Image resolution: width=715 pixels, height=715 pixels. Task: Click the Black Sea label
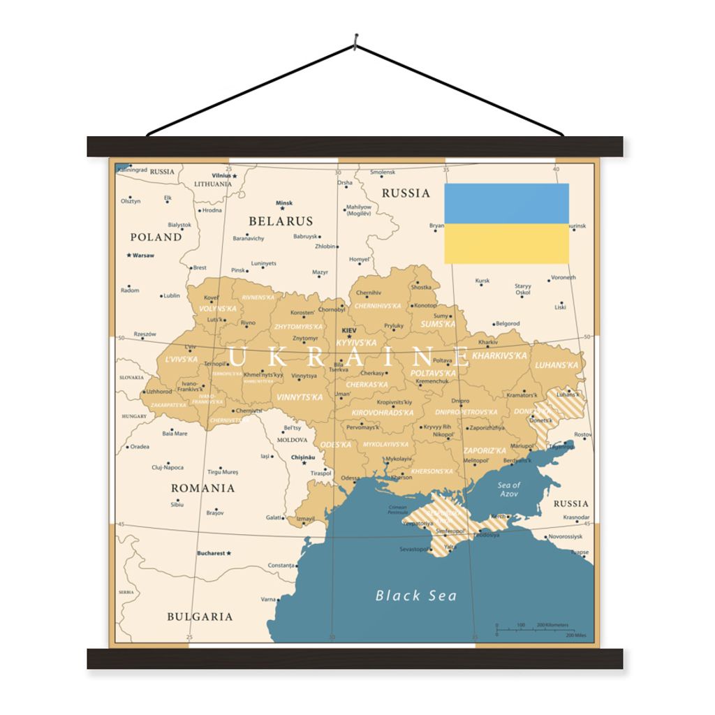click(x=416, y=596)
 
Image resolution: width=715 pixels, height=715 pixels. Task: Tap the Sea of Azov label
click(x=509, y=489)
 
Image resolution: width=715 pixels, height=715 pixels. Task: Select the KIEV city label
click(x=348, y=330)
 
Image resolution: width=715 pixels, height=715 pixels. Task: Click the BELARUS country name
click(x=281, y=221)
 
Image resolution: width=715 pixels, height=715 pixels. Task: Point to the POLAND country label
click(x=156, y=237)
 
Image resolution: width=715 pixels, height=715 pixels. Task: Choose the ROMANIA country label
click(x=203, y=488)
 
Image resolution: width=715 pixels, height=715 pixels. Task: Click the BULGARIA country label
click(x=200, y=617)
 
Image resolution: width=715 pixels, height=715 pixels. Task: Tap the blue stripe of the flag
click(x=506, y=203)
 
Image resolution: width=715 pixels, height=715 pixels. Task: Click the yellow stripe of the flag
click(x=506, y=244)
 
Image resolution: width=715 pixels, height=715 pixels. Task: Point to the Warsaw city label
click(x=143, y=256)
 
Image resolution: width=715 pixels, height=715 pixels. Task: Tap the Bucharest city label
click(x=211, y=553)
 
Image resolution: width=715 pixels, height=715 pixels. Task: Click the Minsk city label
click(x=284, y=203)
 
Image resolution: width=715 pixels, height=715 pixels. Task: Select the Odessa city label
click(x=351, y=478)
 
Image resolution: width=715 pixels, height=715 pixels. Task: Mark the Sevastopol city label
click(x=413, y=550)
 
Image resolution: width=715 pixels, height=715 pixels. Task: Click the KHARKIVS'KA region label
click(x=499, y=356)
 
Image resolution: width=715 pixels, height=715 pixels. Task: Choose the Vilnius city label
click(x=221, y=176)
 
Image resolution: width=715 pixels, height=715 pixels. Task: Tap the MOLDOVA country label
click(x=292, y=440)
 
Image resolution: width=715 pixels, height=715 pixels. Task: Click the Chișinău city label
click(x=303, y=457)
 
